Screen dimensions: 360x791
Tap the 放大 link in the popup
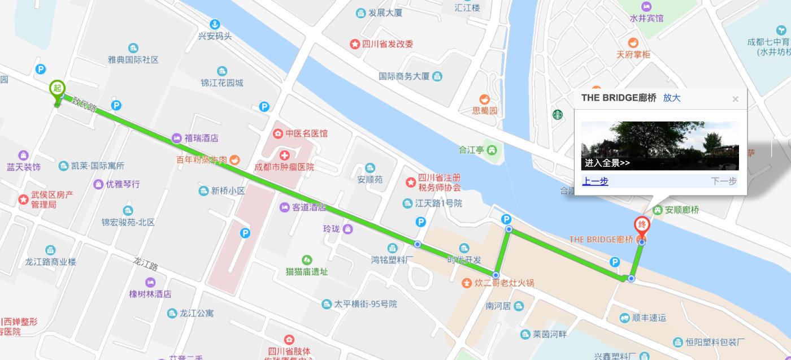672,98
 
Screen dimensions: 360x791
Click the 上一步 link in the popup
595,181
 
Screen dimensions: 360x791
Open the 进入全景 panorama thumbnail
659,146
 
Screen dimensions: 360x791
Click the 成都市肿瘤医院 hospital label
284,167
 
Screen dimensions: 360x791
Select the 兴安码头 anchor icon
214,24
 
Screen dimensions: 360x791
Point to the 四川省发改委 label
388,44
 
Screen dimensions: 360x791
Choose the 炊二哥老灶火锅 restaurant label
505,283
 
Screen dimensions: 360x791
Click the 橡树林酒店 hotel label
150,294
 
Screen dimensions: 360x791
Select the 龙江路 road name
145,263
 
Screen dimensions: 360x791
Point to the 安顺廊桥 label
682,210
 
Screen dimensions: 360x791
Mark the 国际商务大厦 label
404,76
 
